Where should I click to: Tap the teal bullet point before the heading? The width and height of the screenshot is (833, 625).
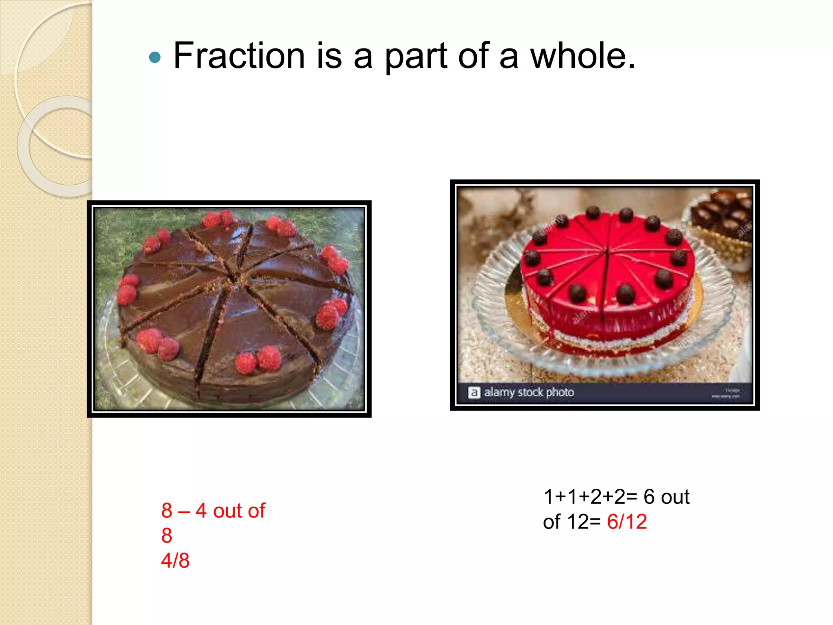click(155, 58)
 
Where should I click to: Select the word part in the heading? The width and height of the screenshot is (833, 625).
click(416, 57)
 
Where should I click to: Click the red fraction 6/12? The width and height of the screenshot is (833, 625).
click(627, 522)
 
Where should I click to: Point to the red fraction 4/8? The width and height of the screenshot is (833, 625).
click(175, 561)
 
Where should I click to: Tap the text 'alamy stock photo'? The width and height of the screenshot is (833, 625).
click(529, 392)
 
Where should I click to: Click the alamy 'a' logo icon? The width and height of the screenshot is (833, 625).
click(474, 393)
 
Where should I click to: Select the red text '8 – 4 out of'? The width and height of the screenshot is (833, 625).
click(213, 511)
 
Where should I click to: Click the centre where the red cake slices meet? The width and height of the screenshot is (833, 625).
click(607, 250)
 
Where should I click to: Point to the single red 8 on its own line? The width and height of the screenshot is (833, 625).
click(167, 536)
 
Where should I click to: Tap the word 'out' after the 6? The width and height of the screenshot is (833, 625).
click(675, 497)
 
